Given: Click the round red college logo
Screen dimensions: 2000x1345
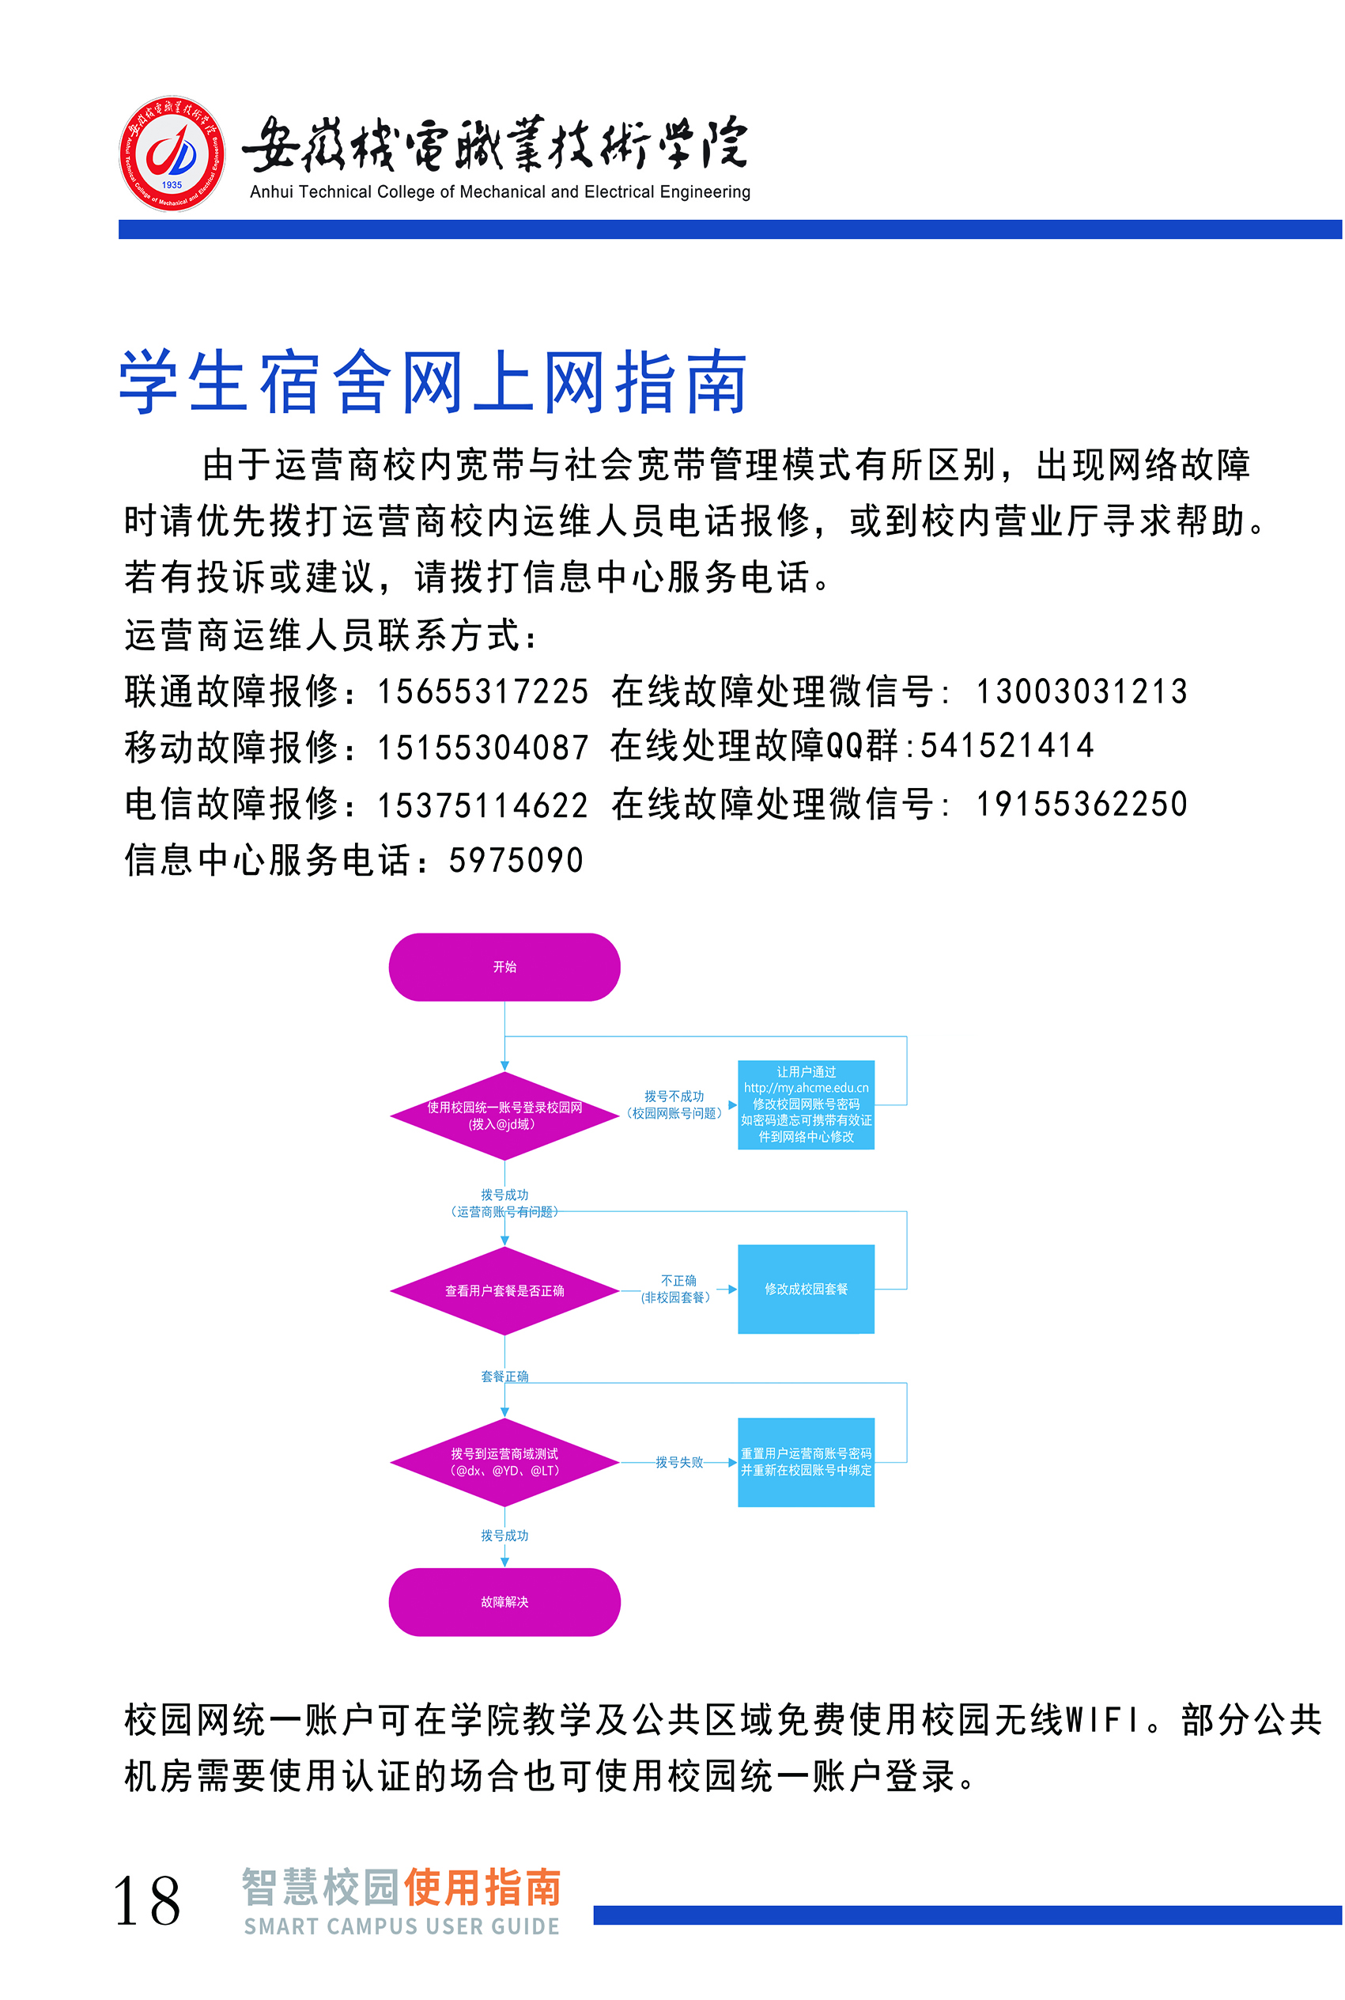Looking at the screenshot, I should [x=172, y=153].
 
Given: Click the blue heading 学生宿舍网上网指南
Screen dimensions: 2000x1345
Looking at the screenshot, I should [x=433, y=383].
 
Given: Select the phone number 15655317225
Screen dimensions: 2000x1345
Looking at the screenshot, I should [x=483, y=691].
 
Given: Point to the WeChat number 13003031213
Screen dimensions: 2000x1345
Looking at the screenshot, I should [x=1082, y=691].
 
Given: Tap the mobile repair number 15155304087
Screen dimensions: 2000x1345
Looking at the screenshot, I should [x=483, y=748].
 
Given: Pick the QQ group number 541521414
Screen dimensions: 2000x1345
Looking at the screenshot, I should [x=1007, y=745].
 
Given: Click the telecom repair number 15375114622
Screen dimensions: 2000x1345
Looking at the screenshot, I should [x=483, y=804].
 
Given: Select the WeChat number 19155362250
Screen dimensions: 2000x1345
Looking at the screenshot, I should [x=1082, y=804].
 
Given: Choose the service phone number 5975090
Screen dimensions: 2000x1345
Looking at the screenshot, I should [x=516, y=861].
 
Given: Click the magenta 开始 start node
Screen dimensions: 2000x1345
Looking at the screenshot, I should [x=504, y=967].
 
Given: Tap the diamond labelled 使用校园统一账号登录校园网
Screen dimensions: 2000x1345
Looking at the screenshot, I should [x=504, y=1116].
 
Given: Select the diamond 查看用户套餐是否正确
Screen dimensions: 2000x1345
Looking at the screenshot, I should [x=504, y=1290].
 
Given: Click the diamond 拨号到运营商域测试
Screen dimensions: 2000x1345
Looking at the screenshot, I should [x=504, y=1462].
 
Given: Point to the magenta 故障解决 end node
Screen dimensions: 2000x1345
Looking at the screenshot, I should [x=504, y=1602].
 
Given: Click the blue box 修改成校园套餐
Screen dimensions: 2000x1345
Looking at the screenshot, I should [x=806, y=1289].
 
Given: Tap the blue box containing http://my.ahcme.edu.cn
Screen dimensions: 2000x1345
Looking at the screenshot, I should [x=806, y=1104].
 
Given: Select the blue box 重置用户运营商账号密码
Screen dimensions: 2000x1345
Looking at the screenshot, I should [x=806, y=1462].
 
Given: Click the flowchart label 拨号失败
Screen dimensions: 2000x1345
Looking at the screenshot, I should [x=679, y=1462].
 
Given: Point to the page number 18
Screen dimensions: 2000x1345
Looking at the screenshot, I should [x=147, y=1900].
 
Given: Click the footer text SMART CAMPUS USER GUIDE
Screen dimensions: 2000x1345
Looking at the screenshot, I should [x=402, y=1926].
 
